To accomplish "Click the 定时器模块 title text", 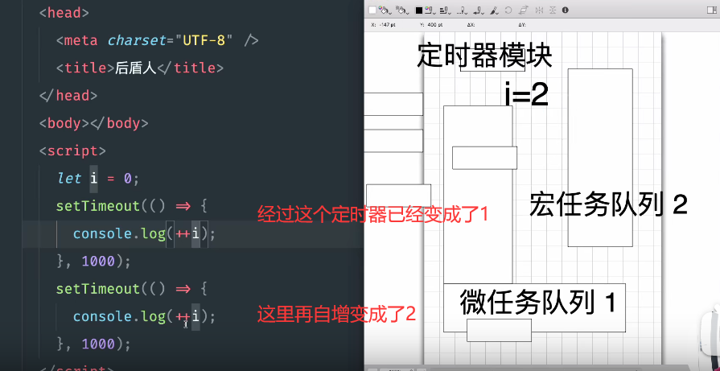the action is [484, 56].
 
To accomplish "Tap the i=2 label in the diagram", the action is [526, 95].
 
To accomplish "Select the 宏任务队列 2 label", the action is [608, 205].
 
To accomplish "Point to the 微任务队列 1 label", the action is [537, 303].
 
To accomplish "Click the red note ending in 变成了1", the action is [373, 214].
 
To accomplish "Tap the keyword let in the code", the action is [69, 178].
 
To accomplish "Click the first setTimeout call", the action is [97, 206].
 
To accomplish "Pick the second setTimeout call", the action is [97, 288].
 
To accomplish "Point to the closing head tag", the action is [68, 96].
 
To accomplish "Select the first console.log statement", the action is [145, 233].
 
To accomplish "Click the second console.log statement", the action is [145, 316].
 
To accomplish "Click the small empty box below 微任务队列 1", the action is [499, 330].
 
